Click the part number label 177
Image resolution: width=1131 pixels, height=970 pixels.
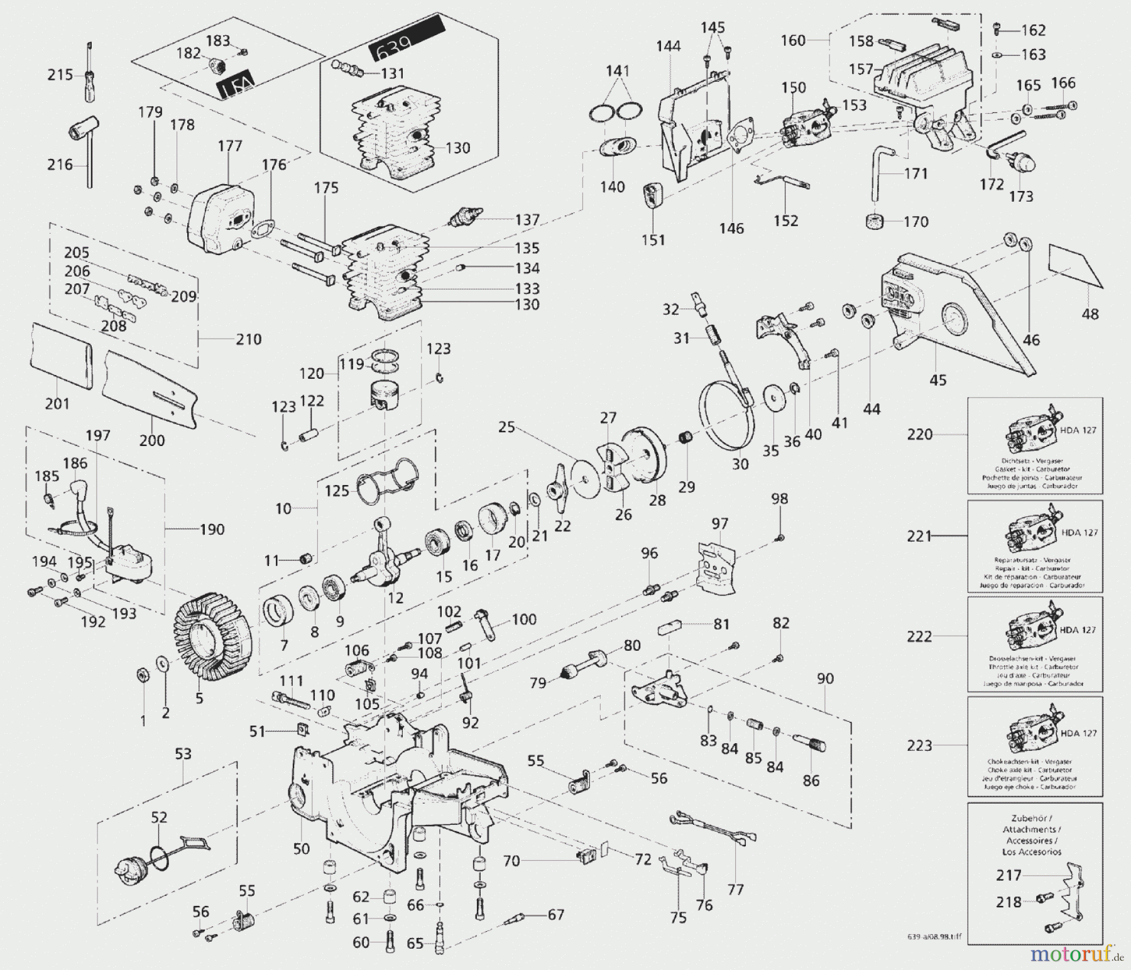(230, 146)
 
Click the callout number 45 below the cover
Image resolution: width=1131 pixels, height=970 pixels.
(937, 379)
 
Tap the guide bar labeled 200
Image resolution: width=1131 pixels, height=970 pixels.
(151, 389)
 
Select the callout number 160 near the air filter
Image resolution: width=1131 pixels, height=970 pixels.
(793, 40)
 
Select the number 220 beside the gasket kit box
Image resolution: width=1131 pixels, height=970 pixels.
(920, 434)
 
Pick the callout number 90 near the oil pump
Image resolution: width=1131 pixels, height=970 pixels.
(825, 678)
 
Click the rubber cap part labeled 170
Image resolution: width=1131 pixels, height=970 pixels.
(874, 222)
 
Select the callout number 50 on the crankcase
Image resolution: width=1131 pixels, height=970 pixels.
(302, 848)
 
